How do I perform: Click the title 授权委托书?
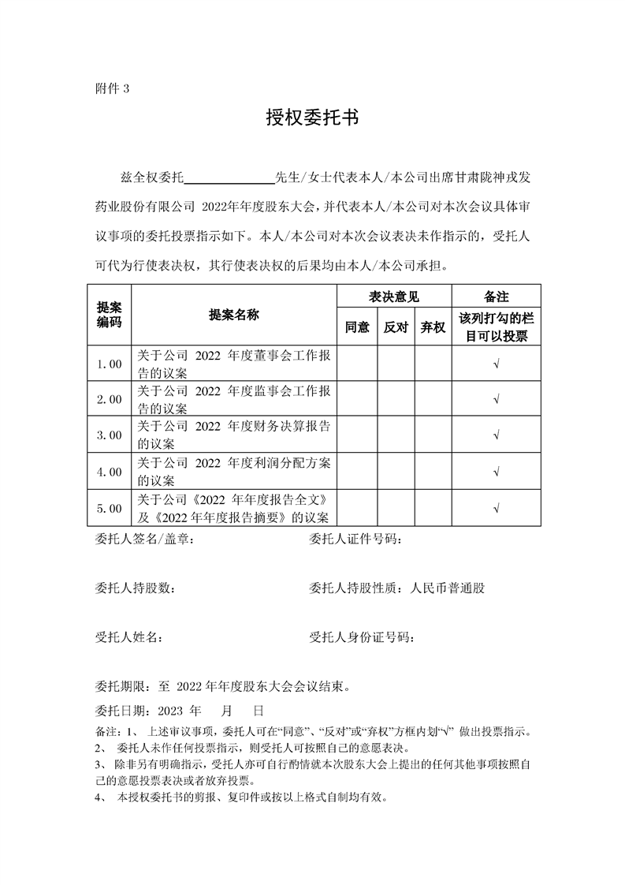point(312,118)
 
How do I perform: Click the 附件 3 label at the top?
point(111,88)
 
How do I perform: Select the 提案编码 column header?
point(109,314)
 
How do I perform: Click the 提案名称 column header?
point(234,315)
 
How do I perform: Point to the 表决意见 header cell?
point(394,297)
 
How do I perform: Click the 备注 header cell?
point(496,297)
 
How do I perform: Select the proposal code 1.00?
point(109,364)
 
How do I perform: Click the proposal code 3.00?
point(109,435)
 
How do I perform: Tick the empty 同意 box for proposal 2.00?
point(357,399)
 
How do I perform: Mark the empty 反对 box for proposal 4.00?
point(396,471)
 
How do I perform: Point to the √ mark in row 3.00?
point(496,435)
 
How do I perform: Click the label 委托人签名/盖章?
point(143,540)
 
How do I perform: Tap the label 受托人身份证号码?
point(363,637)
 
